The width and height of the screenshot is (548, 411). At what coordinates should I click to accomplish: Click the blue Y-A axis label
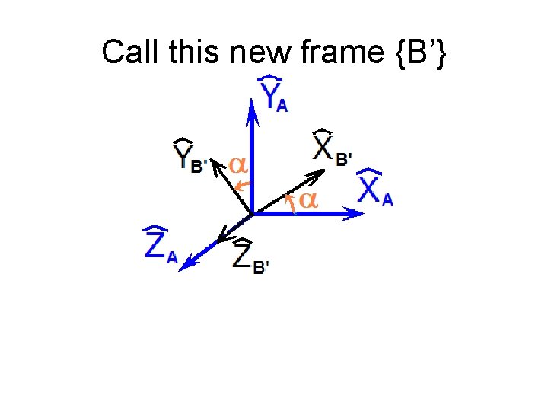[273, 94]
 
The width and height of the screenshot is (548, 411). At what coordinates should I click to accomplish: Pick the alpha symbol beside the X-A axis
[307, 200]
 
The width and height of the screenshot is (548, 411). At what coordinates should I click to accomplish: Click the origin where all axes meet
[251, 214]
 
